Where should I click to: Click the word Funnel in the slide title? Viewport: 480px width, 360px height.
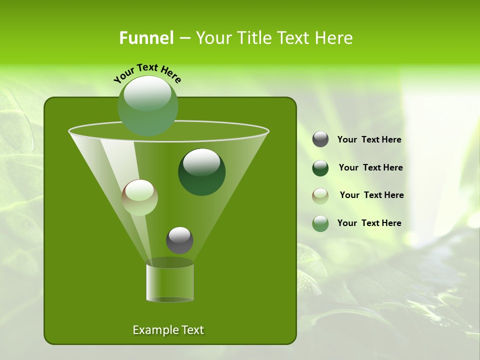click(146, 38)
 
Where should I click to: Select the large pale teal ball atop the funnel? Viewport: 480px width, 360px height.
click(147, 105)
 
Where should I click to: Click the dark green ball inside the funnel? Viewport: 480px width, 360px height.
click(201, 171)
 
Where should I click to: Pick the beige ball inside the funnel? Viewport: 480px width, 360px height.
click(139, 197)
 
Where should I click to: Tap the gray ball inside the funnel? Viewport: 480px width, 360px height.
click(179, 240)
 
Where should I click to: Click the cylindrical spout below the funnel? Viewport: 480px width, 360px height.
click(169, 282)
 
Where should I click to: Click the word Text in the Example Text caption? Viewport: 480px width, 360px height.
click(191, 330)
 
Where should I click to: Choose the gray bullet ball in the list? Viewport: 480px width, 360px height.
click(320, 139)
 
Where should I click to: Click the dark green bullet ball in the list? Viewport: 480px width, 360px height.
click(320, 168)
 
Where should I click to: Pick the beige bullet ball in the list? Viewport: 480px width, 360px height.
click(320, 196)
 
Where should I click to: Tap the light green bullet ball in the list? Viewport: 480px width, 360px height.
click(320, 223)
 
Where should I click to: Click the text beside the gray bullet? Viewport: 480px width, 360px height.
click(369, 140)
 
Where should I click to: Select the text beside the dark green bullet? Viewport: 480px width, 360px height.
click(370, 168)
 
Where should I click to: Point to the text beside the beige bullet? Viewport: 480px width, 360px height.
click(371, 195)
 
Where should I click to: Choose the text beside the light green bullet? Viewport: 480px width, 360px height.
click(369, 223)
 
